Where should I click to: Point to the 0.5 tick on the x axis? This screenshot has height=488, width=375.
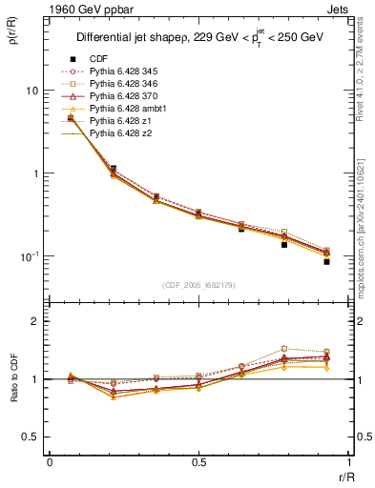(x=199, y=461)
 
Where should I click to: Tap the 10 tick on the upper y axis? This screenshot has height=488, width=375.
(x=32, y=91)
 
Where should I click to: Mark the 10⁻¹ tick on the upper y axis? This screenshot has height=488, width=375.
(x=31, y=256)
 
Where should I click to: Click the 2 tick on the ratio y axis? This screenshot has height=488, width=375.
(x=35, y=321)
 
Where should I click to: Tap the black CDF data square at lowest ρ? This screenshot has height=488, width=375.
(x=326, y=261)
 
